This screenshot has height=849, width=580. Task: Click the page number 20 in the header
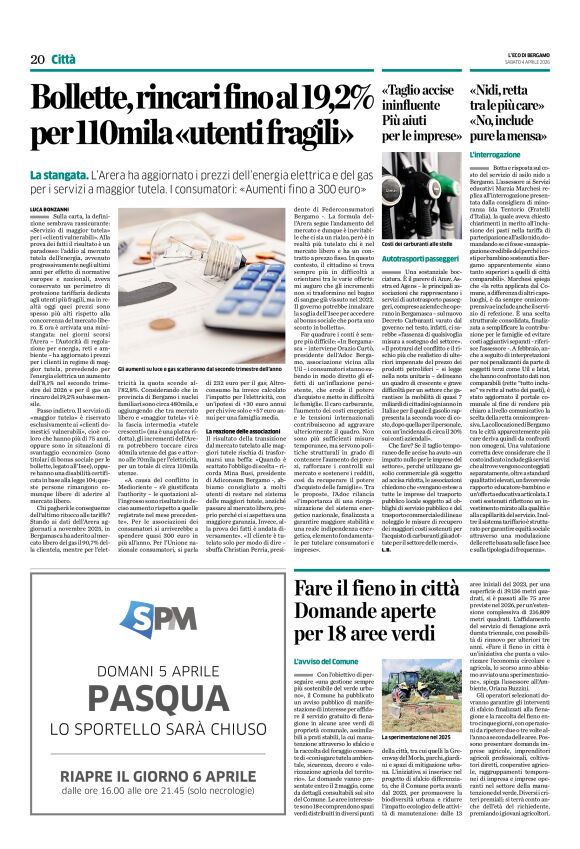pyautogui.click(x=37, y=59)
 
